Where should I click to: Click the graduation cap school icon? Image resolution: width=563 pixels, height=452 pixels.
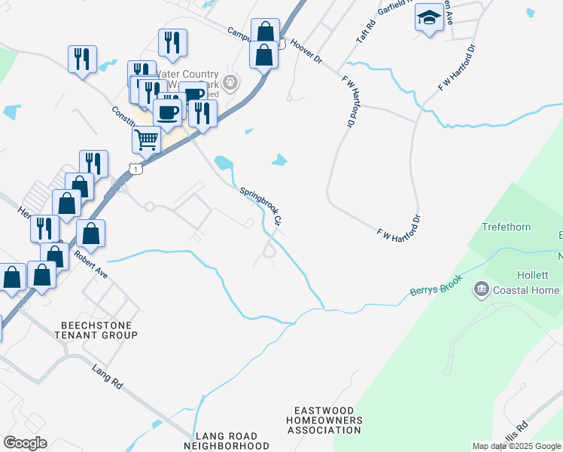(429, 18)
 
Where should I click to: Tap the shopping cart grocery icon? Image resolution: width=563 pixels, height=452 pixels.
(147, 139)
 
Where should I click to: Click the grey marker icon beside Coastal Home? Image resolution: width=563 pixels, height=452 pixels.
(481, 289)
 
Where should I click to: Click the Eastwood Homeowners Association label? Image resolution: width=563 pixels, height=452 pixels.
(324, 420)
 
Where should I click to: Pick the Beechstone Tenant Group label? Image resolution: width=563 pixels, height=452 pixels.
(99, 329)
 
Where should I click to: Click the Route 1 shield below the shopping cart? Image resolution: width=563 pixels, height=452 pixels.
(134, 169)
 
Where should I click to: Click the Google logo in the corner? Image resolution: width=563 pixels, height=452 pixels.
(25, 443)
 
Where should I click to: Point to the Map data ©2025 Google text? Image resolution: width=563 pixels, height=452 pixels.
(516, 446)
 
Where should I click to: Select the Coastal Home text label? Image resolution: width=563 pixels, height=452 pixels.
(526, 291)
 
